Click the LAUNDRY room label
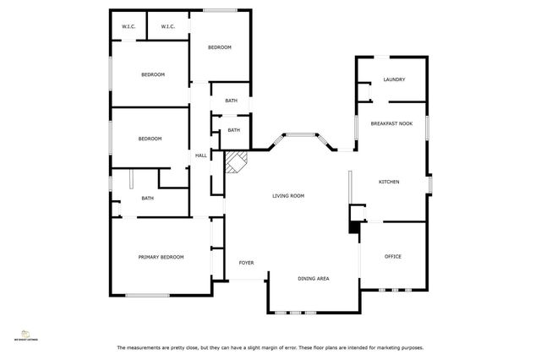(393, 79)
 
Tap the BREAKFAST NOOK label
(391, 124)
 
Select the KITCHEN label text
(389, 182)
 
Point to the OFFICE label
(392, 256)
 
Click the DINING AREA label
(313, 278)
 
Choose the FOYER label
(246, 263)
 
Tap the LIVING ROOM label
(287, 195)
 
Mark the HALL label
(201, 155)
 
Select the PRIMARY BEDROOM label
(161, 256)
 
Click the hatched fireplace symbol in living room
(236, 161)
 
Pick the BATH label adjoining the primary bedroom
(147, 198)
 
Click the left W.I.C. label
(128, 27)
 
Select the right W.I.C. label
(167, 27)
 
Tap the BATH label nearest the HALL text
(233, 130)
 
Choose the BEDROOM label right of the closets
(220, 47)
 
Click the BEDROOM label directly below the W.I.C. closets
(152, 74)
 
